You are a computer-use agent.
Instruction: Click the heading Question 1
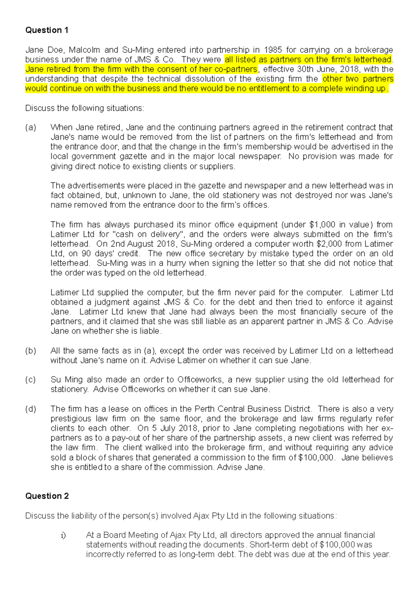46,30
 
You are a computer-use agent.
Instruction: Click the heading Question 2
47,496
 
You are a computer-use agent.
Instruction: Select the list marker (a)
30,127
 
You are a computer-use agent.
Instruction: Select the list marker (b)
30,351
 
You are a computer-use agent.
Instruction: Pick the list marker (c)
30,380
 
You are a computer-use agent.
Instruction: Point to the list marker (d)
30,409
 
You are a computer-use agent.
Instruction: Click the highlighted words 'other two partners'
358,79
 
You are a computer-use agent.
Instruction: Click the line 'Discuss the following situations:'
84,108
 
